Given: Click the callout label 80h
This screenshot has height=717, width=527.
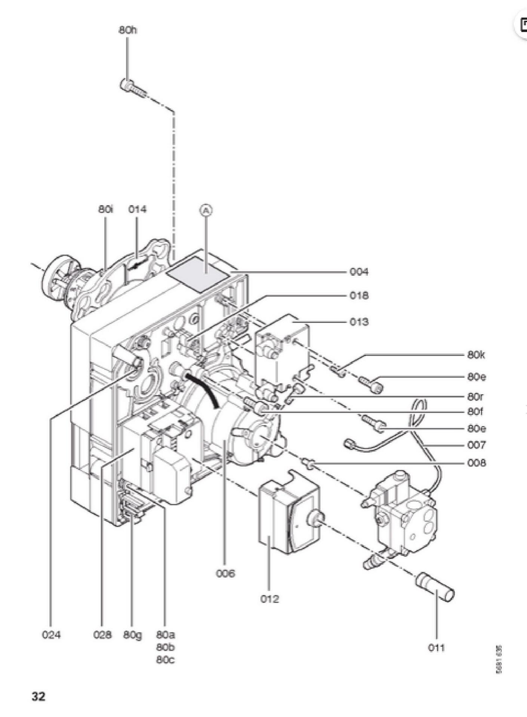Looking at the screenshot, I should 128,30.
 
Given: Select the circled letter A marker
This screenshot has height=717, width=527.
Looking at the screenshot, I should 206,210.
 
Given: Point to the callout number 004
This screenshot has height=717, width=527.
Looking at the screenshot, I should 359,272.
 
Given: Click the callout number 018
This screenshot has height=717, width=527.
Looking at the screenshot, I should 359,296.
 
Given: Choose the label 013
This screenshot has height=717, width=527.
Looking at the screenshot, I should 359,321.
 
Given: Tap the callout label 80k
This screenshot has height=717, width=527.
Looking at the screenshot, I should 476,355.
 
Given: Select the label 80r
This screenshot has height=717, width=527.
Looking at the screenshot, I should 475,396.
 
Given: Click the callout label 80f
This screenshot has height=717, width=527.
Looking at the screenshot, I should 475,411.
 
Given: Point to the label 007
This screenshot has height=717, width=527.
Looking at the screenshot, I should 477,445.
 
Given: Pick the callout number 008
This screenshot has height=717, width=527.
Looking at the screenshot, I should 477,463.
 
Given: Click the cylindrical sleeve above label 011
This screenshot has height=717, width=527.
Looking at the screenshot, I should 435,587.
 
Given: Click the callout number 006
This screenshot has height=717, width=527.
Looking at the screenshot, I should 225,573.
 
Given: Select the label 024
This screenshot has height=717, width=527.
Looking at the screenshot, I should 51,635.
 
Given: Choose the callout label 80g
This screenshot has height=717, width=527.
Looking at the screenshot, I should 133,635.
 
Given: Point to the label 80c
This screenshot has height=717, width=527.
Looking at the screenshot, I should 165,660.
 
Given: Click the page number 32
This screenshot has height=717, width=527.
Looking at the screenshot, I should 38,696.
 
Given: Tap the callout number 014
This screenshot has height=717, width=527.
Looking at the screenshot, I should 137,209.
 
